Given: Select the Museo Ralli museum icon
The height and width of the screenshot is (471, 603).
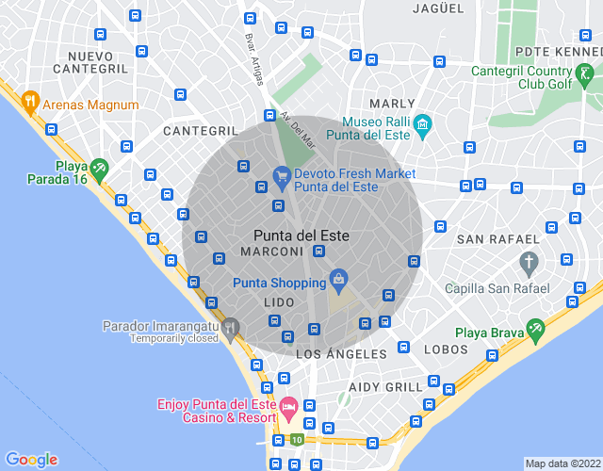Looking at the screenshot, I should (422, 123).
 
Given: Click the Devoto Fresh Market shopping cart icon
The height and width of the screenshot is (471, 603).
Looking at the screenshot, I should (281, 174).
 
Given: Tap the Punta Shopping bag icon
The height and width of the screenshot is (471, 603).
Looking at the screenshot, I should (339, 279).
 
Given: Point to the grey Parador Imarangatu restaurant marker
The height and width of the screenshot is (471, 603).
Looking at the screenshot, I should (231, 327).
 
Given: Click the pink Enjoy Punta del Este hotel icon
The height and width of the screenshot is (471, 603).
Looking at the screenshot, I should (288, 406).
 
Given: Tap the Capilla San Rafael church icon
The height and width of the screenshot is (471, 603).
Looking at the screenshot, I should (530, 261).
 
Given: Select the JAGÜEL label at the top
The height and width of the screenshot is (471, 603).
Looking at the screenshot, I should (439, 8).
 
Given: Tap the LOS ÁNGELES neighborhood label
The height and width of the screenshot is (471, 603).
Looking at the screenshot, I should (341, 354).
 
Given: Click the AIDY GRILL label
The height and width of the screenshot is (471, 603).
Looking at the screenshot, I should (385, 387).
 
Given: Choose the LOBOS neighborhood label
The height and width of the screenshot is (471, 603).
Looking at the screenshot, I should (446, 349).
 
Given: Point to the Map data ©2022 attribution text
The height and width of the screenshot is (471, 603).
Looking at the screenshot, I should (562, 463).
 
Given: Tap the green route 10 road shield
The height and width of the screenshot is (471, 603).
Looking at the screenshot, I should (297, 439).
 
